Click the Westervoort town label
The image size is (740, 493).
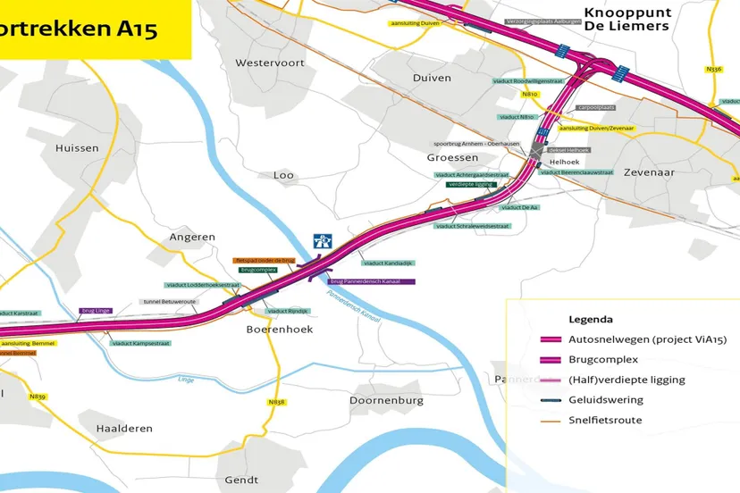tap(269, 63)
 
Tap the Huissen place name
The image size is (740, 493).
tap(77, 148)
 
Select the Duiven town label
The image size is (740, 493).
tap(432, 78)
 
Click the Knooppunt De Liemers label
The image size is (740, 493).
tap(626, 19)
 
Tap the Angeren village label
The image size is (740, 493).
tap(192, 238)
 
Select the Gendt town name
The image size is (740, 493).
tap(241, 480)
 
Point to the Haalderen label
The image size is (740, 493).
tap(124, 429)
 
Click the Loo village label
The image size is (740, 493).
tap(283, 175)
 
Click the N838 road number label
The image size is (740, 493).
tap(276, 403)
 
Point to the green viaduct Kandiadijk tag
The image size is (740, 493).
tap(386, 263)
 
